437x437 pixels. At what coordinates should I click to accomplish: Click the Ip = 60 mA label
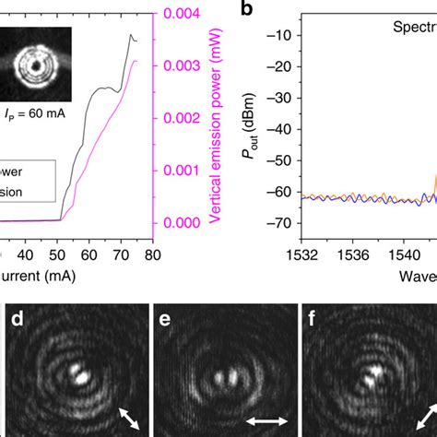pos(35,113)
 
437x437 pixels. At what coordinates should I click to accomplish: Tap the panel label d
pos(16,322)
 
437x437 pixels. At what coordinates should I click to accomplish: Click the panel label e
pos(167,322)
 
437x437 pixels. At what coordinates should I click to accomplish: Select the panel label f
pos(317,322)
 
